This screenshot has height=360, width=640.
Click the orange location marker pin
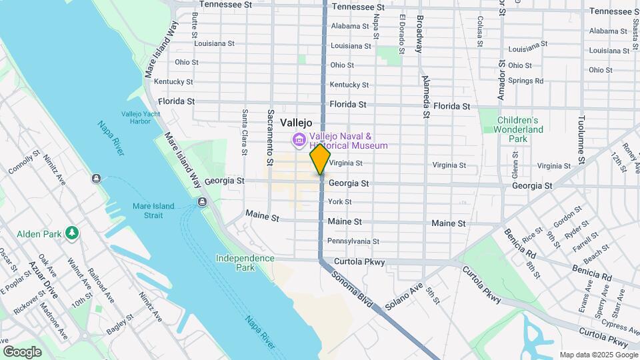pos(321,159)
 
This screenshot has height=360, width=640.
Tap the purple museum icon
pos(299,140)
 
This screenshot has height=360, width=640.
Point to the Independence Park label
pos(245,263)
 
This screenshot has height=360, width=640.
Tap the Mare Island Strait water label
pos(153,211)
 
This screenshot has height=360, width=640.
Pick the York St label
pos(339,202)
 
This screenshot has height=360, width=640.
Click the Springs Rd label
pos(525,81)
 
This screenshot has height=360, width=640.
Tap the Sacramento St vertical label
pos(271,137)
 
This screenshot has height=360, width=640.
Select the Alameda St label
pos(425,97)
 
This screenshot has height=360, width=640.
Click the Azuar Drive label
pos(43,279)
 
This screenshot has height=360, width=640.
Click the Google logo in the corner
pos(22,352)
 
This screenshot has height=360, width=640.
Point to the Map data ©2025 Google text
pos(598,355)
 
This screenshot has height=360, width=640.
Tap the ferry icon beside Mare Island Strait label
pos(202,202)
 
